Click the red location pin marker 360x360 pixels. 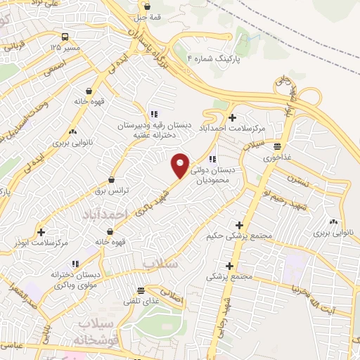(x=181, y=165)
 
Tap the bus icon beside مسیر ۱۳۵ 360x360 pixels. (x=65, y=37)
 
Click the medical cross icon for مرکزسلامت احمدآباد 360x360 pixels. (x=232, y=117)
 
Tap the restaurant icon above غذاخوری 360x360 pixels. (x=278, y=147)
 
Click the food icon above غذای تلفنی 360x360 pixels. (x=141, y=290)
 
